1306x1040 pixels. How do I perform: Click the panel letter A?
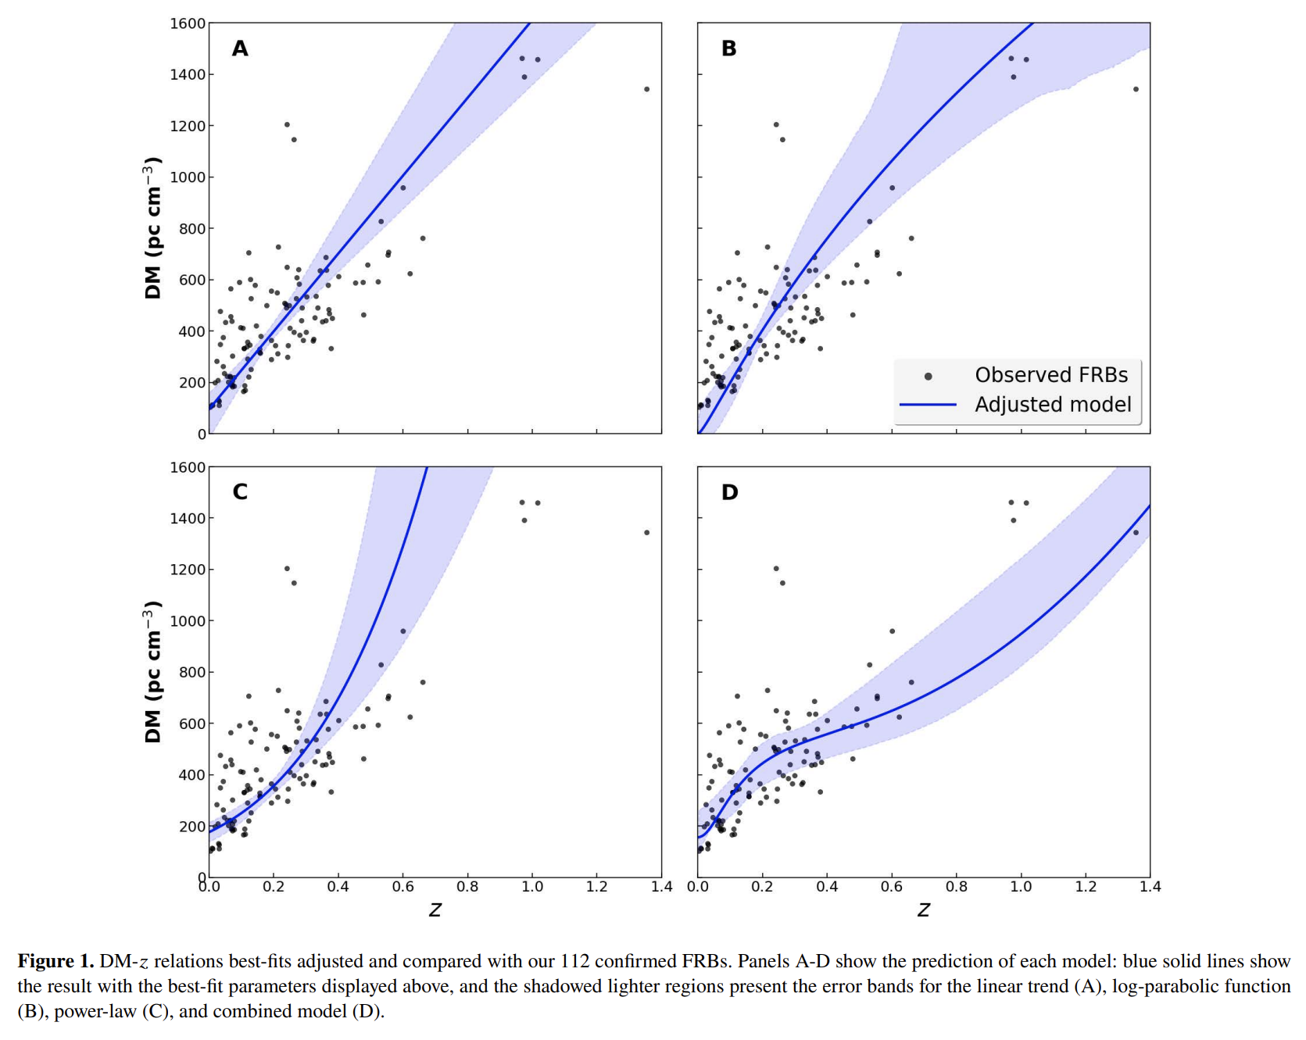[240, 48]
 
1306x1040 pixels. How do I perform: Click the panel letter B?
[728, 48]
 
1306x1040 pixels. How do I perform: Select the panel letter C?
[240, 491]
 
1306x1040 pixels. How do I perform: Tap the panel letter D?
[729, 492]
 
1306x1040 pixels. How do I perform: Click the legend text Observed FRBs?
[1050, 375]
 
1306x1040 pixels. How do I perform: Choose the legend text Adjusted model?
[1052, 405]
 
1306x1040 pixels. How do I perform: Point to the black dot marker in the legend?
[928, 377]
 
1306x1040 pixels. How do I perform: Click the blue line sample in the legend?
[928, 405]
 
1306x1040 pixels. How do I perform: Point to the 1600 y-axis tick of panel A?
[188, 23]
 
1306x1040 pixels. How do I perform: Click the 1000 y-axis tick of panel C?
[188, 621]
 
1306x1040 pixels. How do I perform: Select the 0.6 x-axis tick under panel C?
[403, 887]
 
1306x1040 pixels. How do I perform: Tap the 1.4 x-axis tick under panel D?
[1150, 887]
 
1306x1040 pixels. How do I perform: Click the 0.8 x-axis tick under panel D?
[956, 887]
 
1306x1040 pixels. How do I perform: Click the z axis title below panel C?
[435, 910]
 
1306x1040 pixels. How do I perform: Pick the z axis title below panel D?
[923, 910]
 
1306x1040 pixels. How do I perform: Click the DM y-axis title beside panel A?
[152, 228]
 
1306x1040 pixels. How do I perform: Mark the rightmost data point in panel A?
[646, 89]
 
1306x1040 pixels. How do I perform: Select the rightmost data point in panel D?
[1136, 533]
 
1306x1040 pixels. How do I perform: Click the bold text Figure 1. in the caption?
[55, 961]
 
